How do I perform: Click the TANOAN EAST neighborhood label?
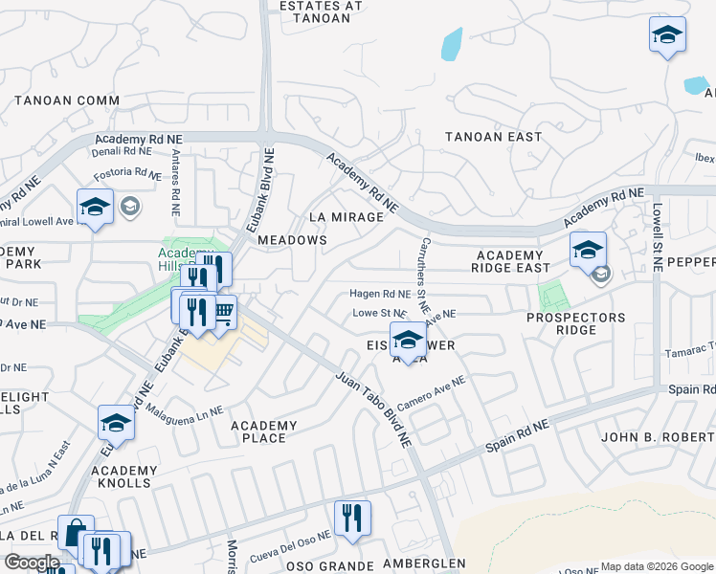coord(493,137)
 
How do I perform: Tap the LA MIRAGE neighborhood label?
coord(345,217)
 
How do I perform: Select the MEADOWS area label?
coord(292,240)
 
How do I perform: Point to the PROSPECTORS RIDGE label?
coord(575,323)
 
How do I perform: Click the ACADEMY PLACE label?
coord(264,431)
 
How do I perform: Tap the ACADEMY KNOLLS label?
coord(124,476)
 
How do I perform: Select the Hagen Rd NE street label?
coord(379,295)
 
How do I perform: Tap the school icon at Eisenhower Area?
coord(408,340)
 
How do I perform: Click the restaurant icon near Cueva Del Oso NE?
coord(352,519)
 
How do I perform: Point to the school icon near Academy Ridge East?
coord(588,251)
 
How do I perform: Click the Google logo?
coord(32,563)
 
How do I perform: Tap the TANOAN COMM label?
coord(67,100)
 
